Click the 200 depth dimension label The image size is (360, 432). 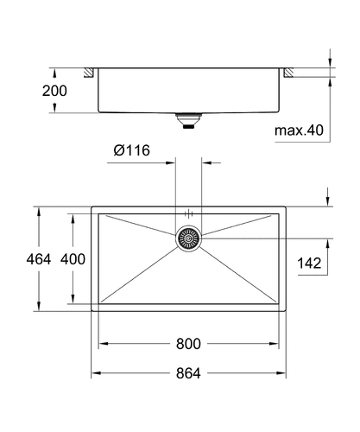point(54,91)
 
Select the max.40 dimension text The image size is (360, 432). point(299,130)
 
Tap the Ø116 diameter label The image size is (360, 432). point(132,150)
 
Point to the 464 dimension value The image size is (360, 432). point(39,259)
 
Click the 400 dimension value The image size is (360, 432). point(73,259)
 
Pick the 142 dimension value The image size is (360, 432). point(309,264)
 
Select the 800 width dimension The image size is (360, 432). point(188,344)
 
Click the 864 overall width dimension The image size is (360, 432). point(188,373)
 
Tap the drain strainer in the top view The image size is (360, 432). point(188,238)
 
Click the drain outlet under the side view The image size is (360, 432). point(188,121)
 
